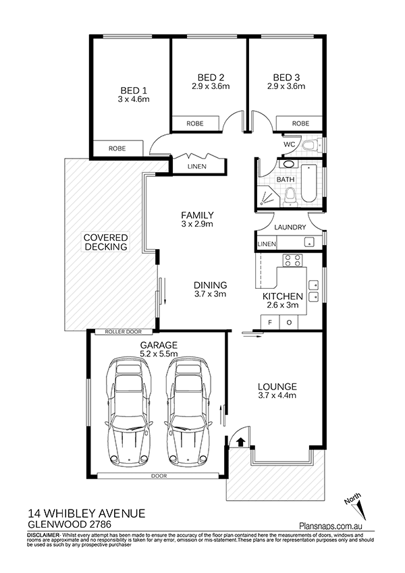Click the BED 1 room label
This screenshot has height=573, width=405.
click(134, 90)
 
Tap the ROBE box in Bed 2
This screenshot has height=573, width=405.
click(195, 124)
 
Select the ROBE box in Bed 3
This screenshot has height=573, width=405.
click(300, 124)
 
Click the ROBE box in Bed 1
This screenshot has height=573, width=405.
click(117, 148)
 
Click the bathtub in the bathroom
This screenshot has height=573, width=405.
click(309, 183)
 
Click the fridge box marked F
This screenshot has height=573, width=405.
click(270, 323)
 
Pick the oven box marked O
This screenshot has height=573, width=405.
click(289, 323)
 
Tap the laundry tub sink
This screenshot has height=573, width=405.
click(309, 242)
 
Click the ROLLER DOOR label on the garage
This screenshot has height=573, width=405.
click(123, 332)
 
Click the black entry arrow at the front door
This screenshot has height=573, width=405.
click(240, 441)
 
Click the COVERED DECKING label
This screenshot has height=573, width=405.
click(105, 242)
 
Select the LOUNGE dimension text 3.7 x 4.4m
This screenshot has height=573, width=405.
click(277, 395)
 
